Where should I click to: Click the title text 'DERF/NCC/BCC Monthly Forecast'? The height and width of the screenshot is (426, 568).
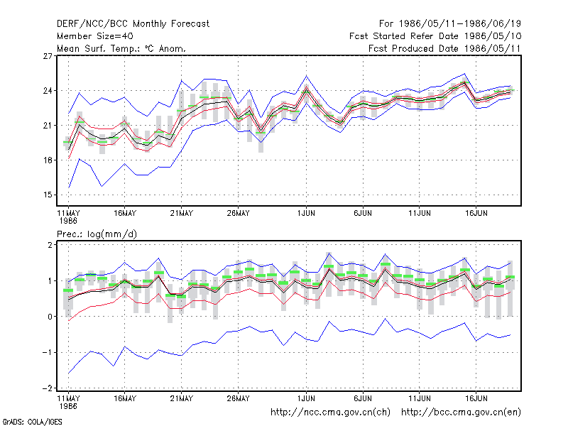pyautogui.click(x=133, y=24)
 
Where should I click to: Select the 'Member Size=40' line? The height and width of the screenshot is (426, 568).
pyautogui.click(x=95, y=36)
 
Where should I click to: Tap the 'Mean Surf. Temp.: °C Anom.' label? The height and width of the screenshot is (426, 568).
pyautogui.click(x=121, y=48)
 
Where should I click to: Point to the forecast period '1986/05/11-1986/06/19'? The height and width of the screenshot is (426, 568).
pyautogui.click(x=459, y=24)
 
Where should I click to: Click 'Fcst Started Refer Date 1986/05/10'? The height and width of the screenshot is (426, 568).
pyautogui.click(x=435, y=36)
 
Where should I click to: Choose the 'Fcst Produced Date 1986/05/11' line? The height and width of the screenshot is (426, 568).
pyautogui.click(x=444, y=48)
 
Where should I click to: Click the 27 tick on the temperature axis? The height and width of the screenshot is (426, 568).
pyautogui.click(x=48, y=56)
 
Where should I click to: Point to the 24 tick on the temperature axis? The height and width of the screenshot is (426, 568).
pyautogui.click(x=48, y=91)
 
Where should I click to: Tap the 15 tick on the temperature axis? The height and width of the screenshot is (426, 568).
pyautogui.click(x=48, y=195)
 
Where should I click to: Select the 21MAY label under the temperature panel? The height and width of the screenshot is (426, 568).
pyautogui.click(x=182, y=214)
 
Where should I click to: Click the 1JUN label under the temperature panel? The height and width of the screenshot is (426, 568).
pyautogui.click(x=306, y=214)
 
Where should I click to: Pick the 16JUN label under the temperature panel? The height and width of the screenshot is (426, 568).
pyautogui.click(x=476, y=214)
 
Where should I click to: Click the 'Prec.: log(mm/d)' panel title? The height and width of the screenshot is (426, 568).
pyautogui.click(x=97, y=234)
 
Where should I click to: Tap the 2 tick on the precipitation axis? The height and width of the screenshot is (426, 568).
pyautogui.click(x=50, y=244)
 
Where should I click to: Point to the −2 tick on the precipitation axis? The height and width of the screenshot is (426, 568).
pyautogui.click(x=47, y=388)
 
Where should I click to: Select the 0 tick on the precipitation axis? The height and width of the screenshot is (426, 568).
pyautogui.click(x=50, y=317)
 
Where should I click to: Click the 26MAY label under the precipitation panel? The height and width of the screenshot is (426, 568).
pyautogui.click(x=238, y=398)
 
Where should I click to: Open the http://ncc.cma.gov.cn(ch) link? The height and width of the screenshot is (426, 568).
pyautogui.click(x=330, y=413)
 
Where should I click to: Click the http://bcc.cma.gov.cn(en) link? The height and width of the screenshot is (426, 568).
pyautogui.click(x=461, y=413)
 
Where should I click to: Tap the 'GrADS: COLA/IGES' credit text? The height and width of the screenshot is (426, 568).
pyautogui.click(x=32, y=422)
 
